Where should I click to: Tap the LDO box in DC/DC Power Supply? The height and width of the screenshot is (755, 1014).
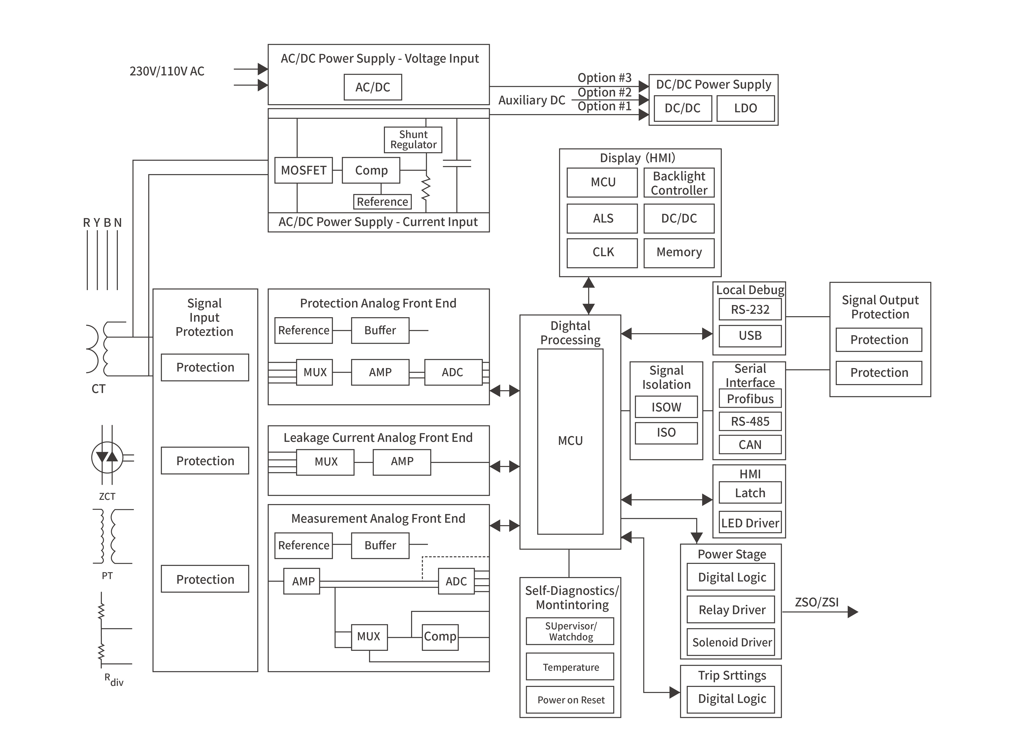(x=745, y=108)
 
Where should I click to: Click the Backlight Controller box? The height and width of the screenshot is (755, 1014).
(x=679, y=183)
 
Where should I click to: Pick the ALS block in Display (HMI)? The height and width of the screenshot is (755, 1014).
(x=602, y=218)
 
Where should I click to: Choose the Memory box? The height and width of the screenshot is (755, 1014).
(x=679, y=252)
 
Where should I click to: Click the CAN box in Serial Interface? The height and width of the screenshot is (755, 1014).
(x=750, y=445)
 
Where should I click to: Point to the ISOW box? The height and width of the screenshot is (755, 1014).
(x=666, y=407)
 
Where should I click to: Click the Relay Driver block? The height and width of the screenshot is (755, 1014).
(x=731, y=610)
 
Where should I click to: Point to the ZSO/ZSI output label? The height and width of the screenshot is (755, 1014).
(x=816, y=602)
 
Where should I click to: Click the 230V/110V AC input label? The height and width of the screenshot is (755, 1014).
(x=167, y=71)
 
